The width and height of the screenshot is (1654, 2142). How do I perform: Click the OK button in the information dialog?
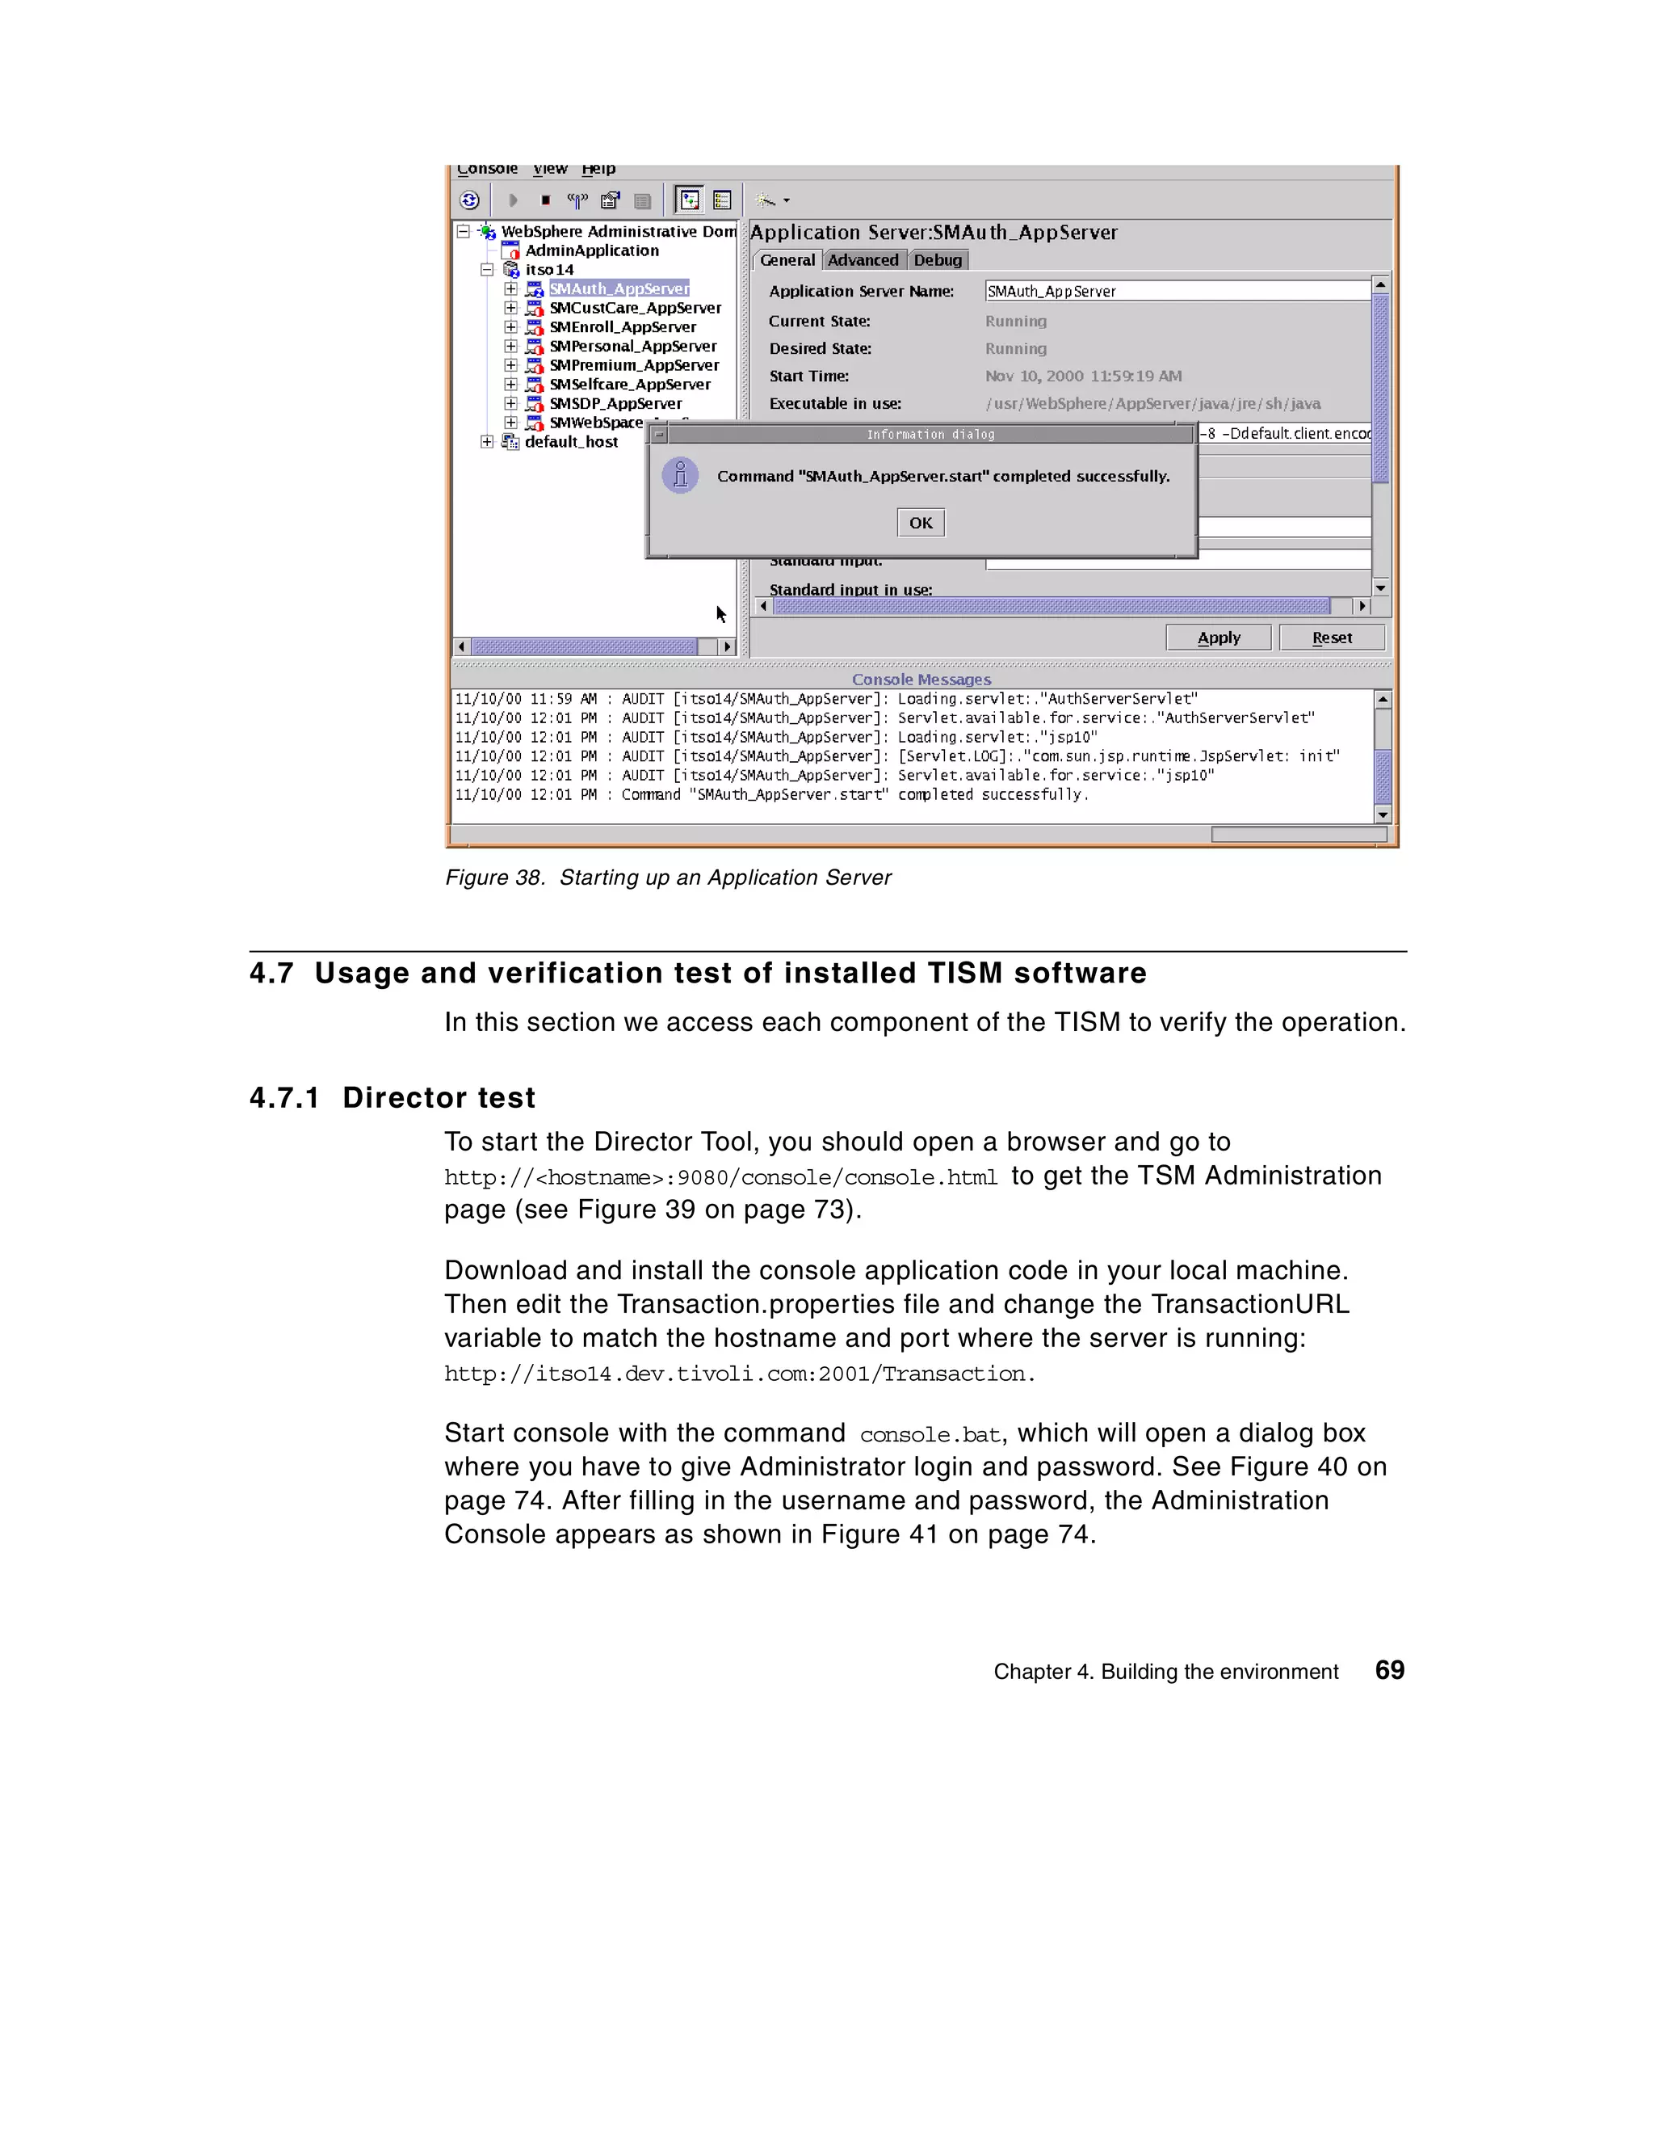coord(920,523)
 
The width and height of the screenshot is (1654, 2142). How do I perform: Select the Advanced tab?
coord(862,260)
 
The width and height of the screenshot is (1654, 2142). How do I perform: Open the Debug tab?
coord(938,260)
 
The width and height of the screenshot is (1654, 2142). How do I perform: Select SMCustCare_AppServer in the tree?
coord(634,308)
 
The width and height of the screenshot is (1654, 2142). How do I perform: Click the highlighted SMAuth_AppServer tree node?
coord(619,288)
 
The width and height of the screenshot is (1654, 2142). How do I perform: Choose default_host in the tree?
coord(571,442)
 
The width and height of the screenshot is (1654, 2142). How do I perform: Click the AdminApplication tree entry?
coord(591,251)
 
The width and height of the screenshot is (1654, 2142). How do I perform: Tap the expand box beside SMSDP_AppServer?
coord(510,403)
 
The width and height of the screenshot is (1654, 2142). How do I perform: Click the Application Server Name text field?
coord(1177,292)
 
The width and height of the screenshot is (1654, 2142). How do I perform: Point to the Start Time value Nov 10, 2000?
coord(1082,376)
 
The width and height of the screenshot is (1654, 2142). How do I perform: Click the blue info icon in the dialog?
coord(679,476)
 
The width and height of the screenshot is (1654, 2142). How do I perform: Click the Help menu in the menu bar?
coord(598,169)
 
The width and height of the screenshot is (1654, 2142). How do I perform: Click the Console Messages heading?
coord(921,679)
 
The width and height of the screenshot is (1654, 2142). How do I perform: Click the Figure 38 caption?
coord(668,877)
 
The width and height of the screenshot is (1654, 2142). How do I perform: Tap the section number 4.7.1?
coord(284,1097)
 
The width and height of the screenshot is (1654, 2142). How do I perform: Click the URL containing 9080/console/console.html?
coord(720,1177)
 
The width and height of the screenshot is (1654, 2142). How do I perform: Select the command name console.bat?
coord(930,1435)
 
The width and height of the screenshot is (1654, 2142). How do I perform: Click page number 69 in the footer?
coord(1388,1670)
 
